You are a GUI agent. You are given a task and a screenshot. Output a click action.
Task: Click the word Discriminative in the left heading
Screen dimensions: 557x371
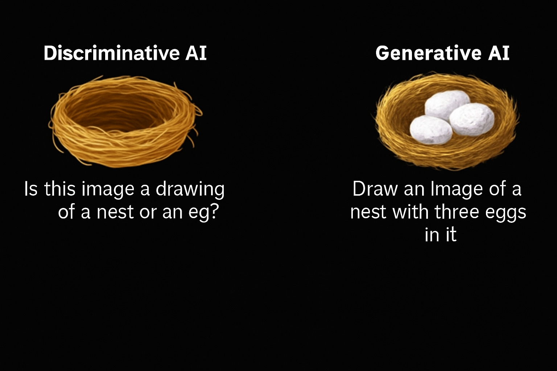coord(112,53)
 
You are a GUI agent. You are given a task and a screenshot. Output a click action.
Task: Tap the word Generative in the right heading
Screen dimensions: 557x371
coord(428,53)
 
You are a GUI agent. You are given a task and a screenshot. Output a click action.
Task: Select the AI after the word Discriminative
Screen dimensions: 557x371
coord(196,53)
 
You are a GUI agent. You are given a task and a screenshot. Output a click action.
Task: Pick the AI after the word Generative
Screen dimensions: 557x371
coord(499,53)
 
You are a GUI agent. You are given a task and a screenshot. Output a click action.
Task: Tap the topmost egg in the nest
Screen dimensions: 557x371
coord(447,105)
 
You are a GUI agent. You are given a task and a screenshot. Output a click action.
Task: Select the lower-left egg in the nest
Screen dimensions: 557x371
coord(431,130)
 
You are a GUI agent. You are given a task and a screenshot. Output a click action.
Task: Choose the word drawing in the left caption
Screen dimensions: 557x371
coord(190,189)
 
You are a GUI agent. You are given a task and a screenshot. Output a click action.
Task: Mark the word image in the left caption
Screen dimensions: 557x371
coord(108,189)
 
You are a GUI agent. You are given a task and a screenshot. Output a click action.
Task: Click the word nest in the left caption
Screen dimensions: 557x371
coord(115,212)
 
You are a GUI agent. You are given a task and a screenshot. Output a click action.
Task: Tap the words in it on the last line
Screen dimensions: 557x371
coord(440,234)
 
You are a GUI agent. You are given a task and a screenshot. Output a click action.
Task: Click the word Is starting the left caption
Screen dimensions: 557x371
coord(31,189)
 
